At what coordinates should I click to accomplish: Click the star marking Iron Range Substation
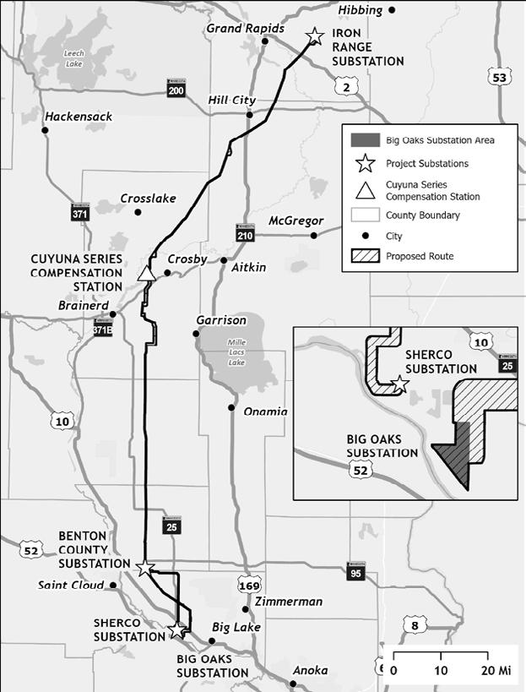coord(315,36)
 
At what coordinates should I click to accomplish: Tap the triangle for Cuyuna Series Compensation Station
coord(146,272)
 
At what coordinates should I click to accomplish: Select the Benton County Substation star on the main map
coord(145,567)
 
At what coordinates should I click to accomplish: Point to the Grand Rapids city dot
coord(265,41)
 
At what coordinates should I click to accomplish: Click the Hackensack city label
coord(79,117)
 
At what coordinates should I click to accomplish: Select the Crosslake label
coord(148,199)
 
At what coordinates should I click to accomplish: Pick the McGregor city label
coord(296,221)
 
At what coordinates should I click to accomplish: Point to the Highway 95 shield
coord(355,572)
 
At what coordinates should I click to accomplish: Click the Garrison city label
coord(221,320)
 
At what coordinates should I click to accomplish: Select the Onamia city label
coord(265,411)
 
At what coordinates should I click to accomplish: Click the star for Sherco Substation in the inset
coord(400,385)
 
